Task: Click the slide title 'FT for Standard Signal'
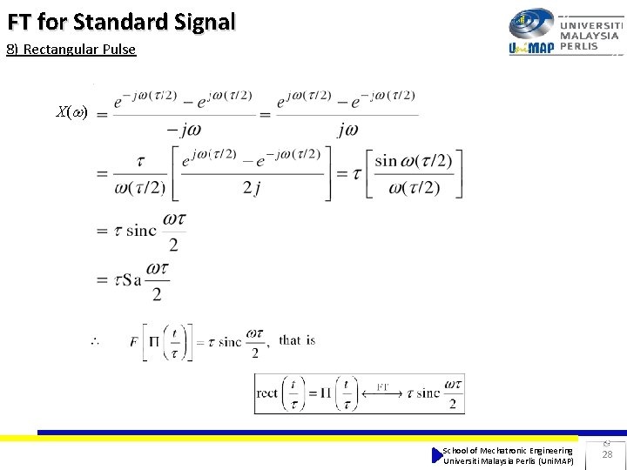tap(121, 21)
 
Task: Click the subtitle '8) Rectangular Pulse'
tap(71, 49)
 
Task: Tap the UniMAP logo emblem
tap(531, 23)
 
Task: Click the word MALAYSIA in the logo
tap(590, 36)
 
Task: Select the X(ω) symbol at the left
tap(71, 111)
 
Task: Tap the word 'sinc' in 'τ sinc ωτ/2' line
tap(141, 231)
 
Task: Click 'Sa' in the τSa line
tap(131, 280)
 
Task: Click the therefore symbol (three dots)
tap(94, 341)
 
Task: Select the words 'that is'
tap(297, 340)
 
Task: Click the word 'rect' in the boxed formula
tap(267, 393)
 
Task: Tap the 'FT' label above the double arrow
tap(383, 385)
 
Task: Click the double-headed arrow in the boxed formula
tap(383, 394)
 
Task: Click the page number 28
tap(607, 454)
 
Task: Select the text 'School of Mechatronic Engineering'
tap(508, 450)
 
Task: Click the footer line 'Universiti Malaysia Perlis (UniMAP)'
tap(508, 460)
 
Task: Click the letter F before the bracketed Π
tap(134, 340)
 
